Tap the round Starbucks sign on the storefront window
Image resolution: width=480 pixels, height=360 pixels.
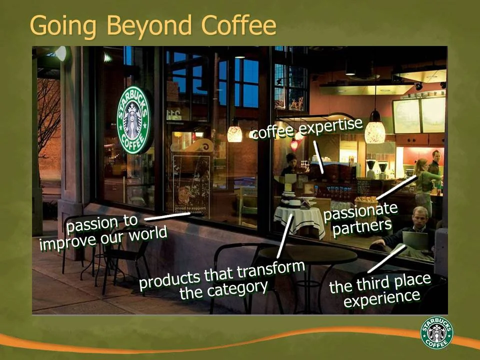pyautogui.click(x=133, y=120)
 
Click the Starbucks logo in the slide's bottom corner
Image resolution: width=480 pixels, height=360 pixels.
pyautogui.click(x=436, y=332)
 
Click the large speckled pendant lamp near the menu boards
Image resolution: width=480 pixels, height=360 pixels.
pyautogui.click(x=375, y=131)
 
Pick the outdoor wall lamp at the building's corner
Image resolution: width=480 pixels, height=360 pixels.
pyautogui.click(x=61, y=53)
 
